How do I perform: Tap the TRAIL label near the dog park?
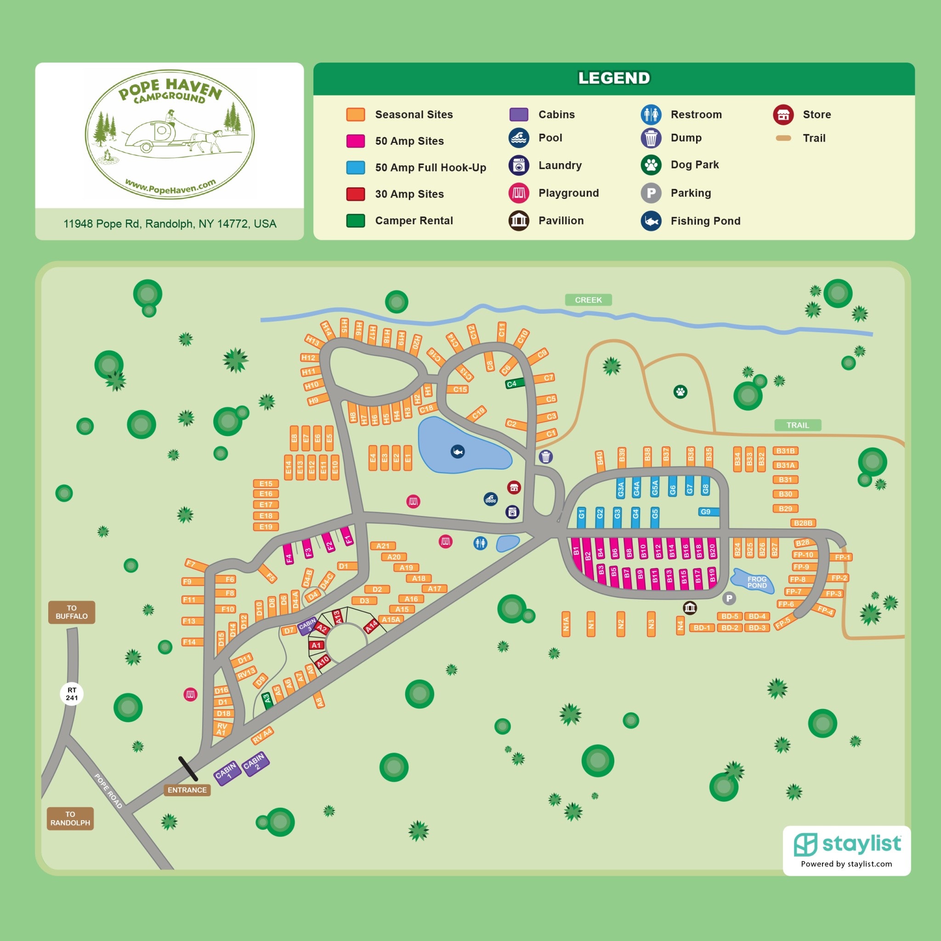tap(797, 425)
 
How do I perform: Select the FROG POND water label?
tap(756, 582)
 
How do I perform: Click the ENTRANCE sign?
tap(187, 790)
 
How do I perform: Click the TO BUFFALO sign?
tap(72, 612)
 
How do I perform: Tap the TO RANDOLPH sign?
tap(70, 818)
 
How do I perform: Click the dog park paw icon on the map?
tap(680, 391)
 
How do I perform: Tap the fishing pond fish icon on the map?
tap(457, 452)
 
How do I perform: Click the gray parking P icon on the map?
tap(729, 598)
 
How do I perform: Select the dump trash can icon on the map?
tap(545, 457)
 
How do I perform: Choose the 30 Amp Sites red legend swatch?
tap(356, 194)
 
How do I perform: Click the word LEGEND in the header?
tap(614, 78)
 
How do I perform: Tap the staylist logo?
tap(847, 844)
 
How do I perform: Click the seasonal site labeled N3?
tap(651, 624)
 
